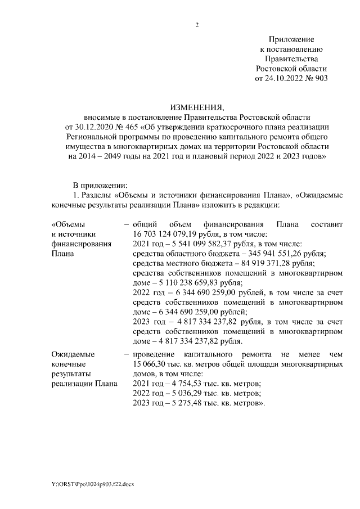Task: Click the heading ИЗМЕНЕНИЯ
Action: (x=196, y=107)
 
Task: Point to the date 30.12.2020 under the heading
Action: (x=96, y=127)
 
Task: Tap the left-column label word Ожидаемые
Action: (x=73, y=354)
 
